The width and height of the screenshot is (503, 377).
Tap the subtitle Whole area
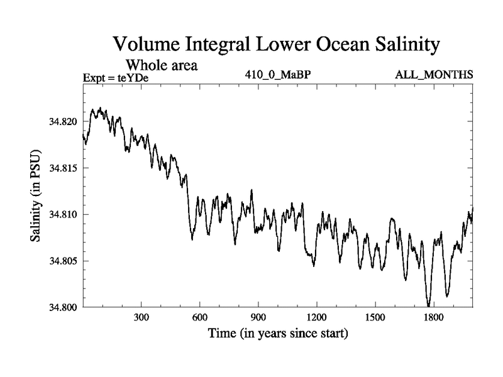pos(162,64)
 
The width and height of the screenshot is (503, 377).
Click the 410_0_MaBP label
pos(279,75)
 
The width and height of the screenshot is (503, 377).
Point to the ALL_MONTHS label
pos(434,75)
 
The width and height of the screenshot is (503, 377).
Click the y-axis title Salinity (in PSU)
pos(35,197)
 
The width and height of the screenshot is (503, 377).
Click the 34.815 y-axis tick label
pos(62,168)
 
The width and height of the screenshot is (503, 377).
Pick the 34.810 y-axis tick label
pos(62,214)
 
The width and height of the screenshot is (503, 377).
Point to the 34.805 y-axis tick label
pos(62,261)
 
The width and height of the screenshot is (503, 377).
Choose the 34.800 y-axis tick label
pos(62,307)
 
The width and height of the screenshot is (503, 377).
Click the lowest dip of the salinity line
pos(429,305)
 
